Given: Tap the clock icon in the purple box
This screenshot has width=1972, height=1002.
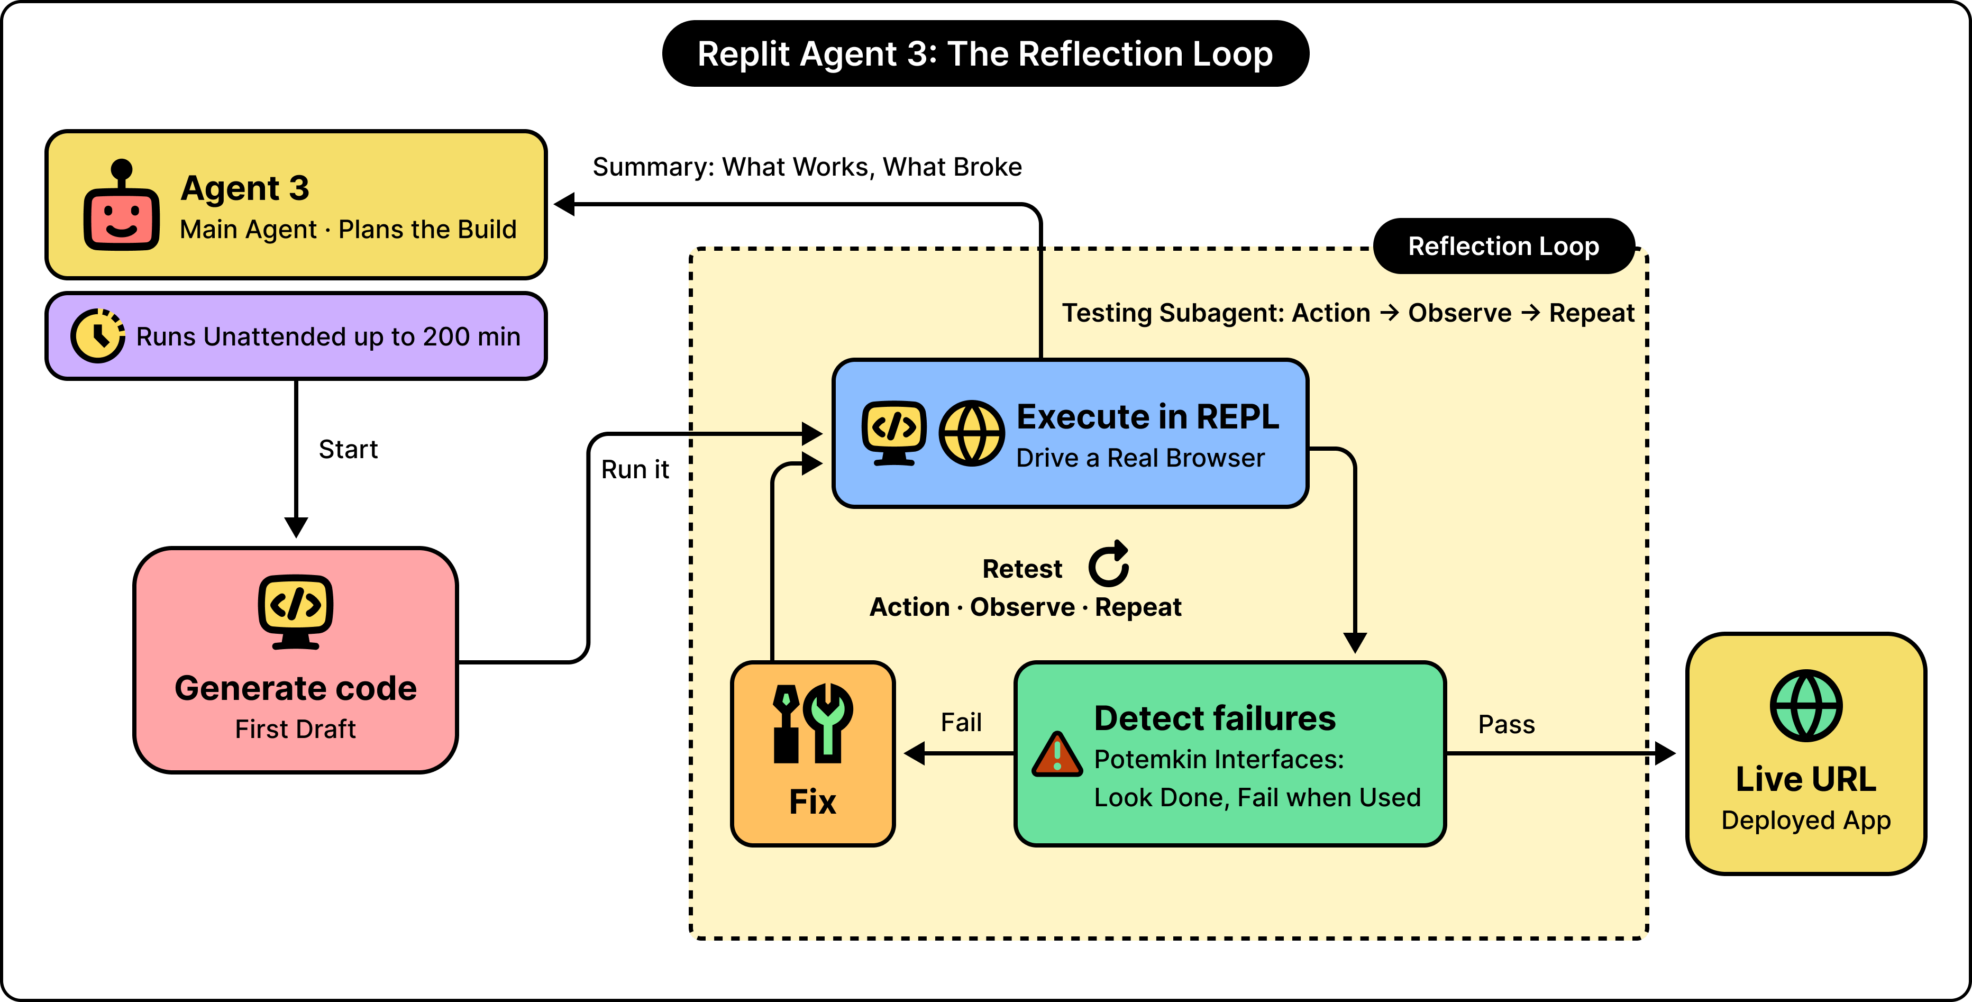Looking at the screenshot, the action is click(x=98, y=335).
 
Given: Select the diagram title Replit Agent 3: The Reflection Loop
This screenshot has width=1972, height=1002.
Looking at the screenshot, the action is click(x=985, y=53).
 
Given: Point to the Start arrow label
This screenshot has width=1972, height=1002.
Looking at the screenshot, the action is click(x=348, y=449).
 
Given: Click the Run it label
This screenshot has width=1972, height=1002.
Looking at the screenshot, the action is click(x=635, y=469).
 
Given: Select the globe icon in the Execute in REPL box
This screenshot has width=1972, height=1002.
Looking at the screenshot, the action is click(x=972, y=433).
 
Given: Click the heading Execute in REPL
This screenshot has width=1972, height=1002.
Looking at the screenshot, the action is click(x=1147, y=417).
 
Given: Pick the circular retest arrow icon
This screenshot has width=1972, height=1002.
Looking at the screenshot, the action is click(x=1109, y=564).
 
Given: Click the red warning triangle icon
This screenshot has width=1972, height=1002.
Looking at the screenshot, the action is click(x=1057, y=754).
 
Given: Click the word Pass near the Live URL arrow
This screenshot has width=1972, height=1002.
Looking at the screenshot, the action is click(x=1507, y=724).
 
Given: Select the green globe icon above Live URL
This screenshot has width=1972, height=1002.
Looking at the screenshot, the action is click(x=1806, y=706).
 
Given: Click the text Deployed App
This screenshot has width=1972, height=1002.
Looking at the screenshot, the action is click(x=1806, y=821).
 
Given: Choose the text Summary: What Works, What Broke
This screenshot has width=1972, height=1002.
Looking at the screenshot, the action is click(x=807, y=167).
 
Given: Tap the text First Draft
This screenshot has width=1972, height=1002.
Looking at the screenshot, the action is click(x=296, y=728).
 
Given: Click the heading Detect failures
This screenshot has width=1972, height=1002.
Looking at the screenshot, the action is click(x=1215, y=718).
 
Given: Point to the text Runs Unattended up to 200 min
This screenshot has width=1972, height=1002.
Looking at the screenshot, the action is click(x=328, y=337).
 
